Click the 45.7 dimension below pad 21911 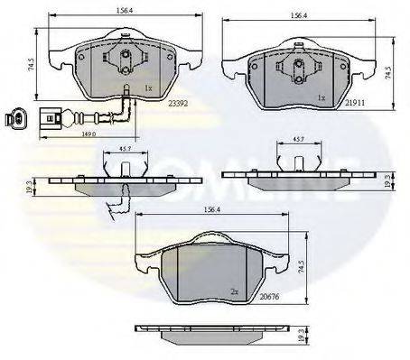pyautogui.click(x=295, y=139)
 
